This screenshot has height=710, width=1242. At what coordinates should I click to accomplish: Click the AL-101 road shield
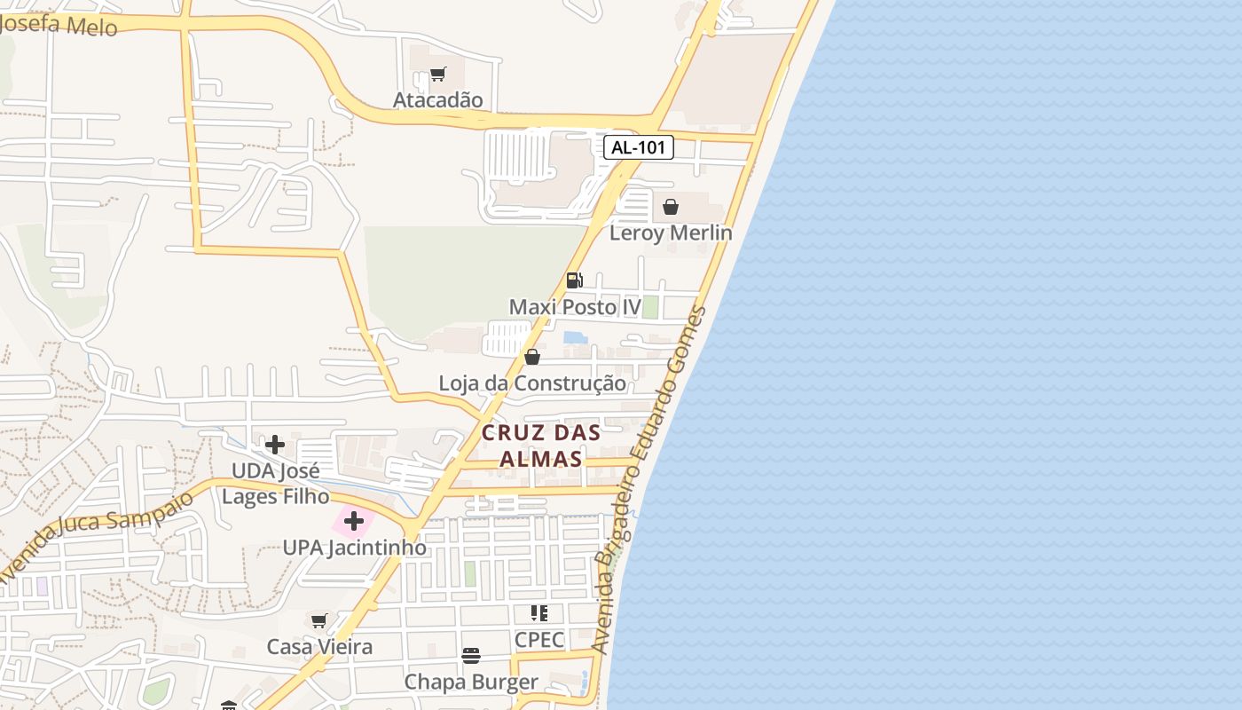(x=639, y=147)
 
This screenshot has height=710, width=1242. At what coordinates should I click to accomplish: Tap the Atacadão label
(x=438, y=99)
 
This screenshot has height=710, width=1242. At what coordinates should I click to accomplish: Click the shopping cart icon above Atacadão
(x=437, y=74)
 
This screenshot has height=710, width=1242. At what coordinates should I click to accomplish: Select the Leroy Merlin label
(x=671, y=233)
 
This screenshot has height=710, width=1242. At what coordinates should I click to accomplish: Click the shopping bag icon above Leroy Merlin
(x=671, y=207)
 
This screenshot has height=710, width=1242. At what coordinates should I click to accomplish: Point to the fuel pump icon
(x=575, y=280)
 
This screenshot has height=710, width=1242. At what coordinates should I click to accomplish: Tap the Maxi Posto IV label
(x=575, y=307)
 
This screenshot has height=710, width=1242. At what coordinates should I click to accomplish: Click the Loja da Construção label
(x=532, y=383)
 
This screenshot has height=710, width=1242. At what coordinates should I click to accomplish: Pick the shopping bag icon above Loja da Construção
(x=532, y=357)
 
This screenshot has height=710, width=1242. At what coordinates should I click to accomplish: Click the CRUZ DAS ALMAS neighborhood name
(x=541, y=446)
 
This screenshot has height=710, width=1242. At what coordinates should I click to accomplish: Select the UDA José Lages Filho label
(x=275, y=483)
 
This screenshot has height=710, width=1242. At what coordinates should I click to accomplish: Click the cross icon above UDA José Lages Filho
(x=275, y=444)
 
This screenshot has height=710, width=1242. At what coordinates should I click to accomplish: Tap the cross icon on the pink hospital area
(x=354, y=521)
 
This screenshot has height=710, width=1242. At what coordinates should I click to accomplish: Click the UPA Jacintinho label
(x=354, y=548)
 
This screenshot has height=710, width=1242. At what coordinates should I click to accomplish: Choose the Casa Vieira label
(x=319, y=646)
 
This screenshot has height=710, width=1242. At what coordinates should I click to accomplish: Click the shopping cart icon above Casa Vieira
(x=319, y=620)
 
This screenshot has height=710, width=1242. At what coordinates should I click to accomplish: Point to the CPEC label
(x=539, y=639)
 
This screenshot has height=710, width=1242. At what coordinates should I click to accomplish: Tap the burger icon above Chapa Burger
(x=471, y=656)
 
